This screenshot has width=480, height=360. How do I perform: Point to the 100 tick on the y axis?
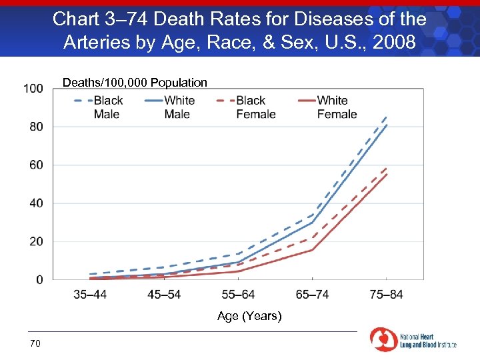[33, 88]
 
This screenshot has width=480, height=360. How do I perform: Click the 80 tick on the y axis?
[36, 127]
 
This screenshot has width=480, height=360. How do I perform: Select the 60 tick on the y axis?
[36, 165]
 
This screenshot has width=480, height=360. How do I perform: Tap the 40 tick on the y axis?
[36, 203]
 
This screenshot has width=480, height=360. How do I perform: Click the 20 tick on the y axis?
[36, 241]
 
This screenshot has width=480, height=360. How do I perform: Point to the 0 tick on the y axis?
[39, 280]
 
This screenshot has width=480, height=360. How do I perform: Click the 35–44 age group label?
[89, 295]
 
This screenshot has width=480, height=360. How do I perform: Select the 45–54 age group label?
[163, 295]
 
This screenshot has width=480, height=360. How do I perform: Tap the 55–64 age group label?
[237, 295]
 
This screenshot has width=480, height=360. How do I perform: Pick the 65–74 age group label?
[312, 295]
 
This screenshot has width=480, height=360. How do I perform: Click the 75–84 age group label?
[386, 295]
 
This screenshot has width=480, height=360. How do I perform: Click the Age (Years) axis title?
[249, 316]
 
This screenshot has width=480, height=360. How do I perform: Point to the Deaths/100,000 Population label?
[135, 83]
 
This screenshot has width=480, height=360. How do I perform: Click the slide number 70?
[35, 343]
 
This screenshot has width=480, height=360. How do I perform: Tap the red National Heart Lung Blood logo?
[383, 339]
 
